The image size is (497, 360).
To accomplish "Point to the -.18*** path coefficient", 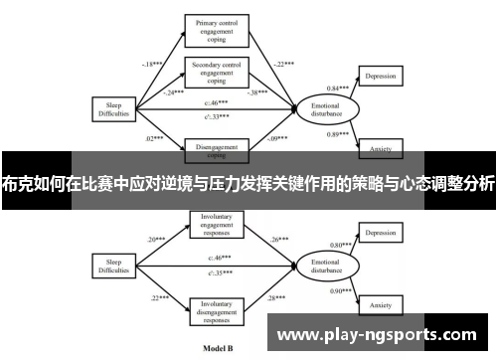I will pos(152,64).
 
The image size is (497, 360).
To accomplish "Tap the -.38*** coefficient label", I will pos(256,91).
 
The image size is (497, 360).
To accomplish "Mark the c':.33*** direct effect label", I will pos(217,116).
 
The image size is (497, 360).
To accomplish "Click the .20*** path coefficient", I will pos(157,212).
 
